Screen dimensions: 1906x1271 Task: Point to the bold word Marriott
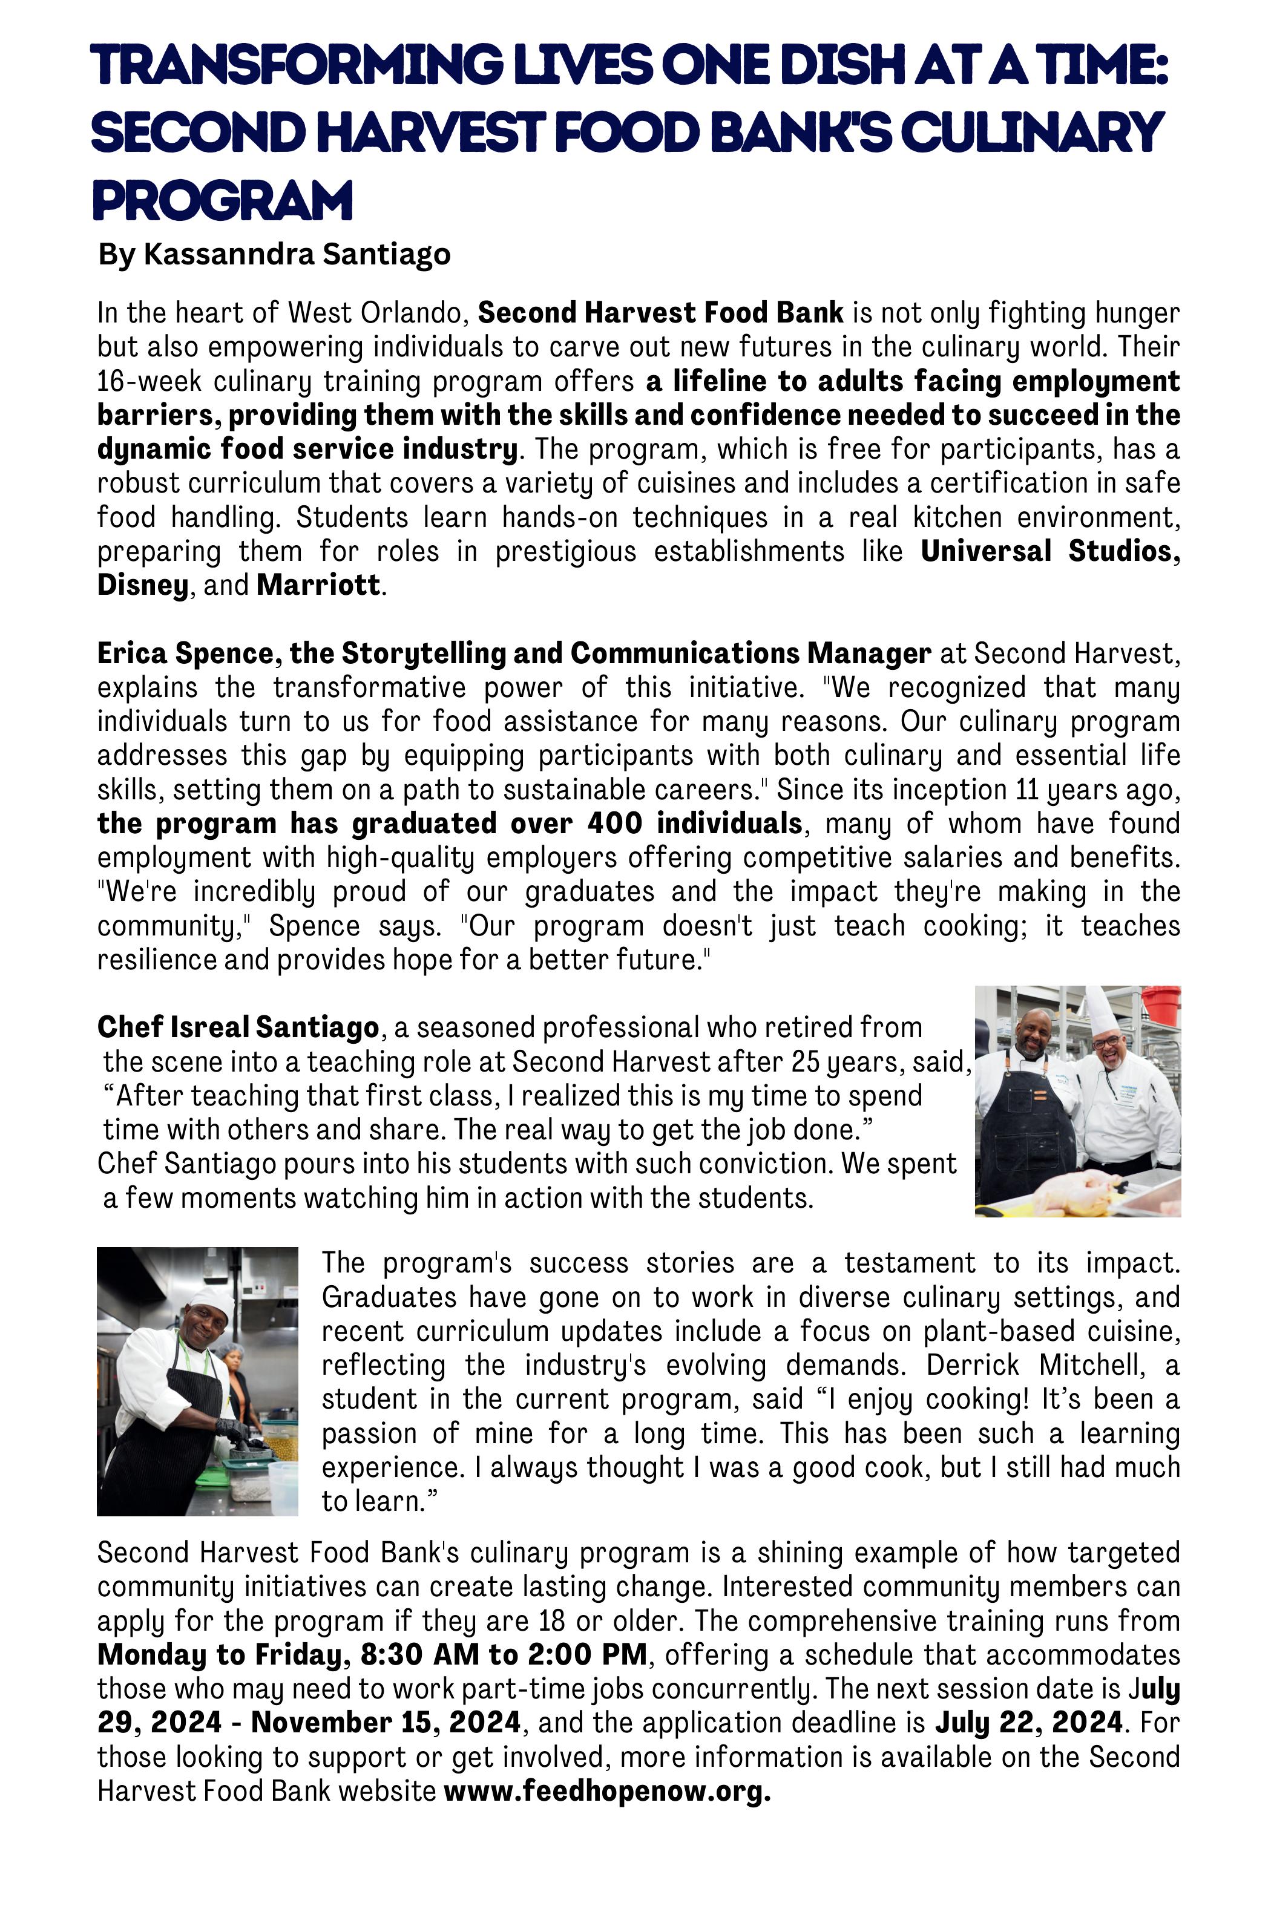point(318,585)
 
